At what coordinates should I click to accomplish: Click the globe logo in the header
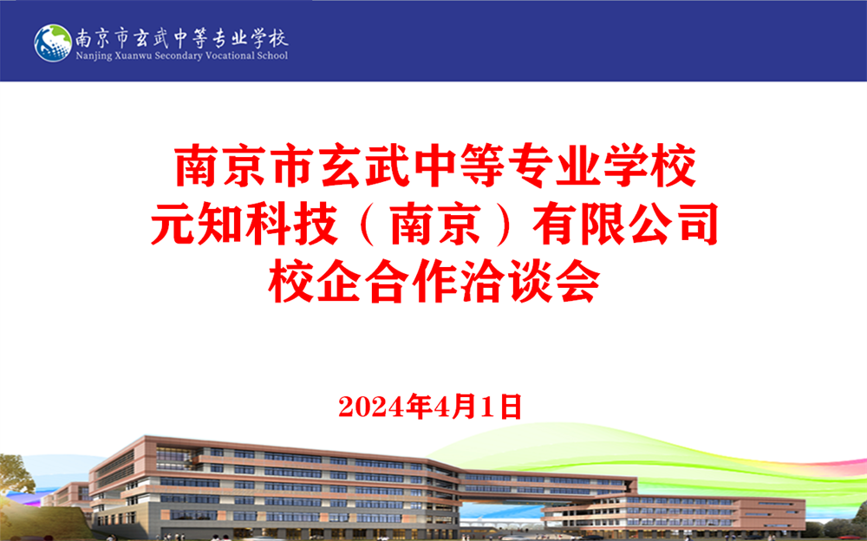[53, 42]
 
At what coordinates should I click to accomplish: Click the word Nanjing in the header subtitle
[94, 55]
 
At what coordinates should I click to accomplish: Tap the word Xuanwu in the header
[134, 55]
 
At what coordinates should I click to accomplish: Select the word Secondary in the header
[179, 55]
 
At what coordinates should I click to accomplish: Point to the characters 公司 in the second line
[673, 224]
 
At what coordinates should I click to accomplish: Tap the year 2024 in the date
[372, 407]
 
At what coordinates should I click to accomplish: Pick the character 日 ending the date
[512, 407]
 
